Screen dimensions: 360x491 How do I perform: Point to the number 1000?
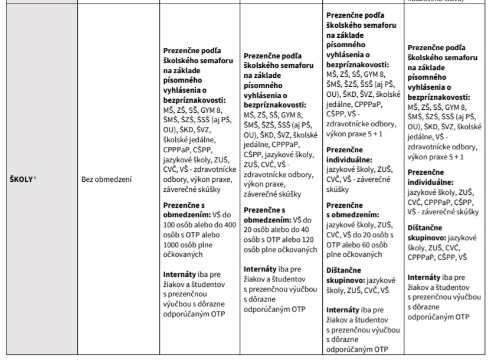click(x=174, y=244)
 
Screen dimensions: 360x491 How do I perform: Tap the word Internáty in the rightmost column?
click(x=426, y=276)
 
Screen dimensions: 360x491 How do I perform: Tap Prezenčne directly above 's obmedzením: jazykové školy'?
click(x=346, y=205)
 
